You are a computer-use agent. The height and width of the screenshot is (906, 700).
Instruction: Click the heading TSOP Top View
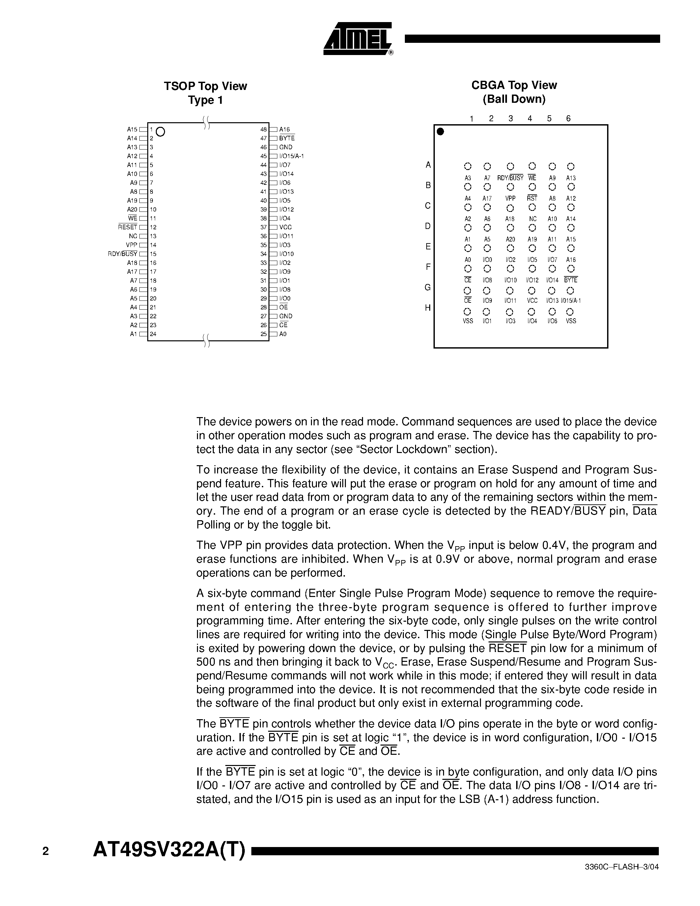tap(205, 86)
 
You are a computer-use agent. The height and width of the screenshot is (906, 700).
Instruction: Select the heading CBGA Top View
tap(514, 85)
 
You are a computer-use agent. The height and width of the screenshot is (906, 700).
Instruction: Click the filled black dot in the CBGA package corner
tap(441, 131)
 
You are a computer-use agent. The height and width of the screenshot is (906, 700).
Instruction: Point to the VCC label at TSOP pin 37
tap(285, 227)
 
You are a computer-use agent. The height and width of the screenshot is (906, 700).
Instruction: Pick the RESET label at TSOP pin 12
tap(127, 227)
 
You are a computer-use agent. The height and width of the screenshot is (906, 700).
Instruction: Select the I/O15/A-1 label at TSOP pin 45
tap(292, 156)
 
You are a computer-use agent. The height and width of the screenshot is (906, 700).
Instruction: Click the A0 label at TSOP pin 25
tap(283, 334)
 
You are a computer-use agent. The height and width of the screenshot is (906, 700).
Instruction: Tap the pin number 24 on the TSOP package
tap(153, 334)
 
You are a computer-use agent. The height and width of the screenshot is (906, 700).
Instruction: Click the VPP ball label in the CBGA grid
tap(511, 199)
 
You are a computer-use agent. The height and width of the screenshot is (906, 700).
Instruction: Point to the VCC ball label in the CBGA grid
tap(532, 301)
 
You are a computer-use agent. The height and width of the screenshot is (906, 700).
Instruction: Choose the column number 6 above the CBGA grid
tap(568, 119)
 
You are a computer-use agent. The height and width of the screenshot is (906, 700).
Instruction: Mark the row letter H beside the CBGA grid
tap(428, 308)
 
